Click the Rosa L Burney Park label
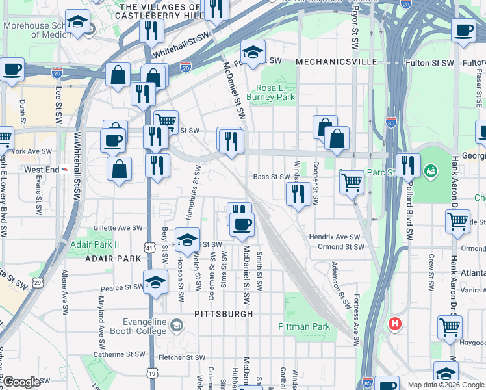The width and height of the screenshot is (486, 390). pos(275,92)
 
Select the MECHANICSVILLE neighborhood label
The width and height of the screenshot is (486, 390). pos(336,61)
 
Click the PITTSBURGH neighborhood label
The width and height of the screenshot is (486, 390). pos(223,313)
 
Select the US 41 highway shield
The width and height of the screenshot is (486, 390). pos(150,248)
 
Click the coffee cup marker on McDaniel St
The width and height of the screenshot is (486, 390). pos(242,225)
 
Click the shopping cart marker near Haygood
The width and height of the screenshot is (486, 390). pos(450,327)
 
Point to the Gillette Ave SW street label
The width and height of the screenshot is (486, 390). pos(118,228)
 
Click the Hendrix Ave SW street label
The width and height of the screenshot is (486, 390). pos(334,237)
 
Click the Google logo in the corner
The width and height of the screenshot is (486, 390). pos(22,382)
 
